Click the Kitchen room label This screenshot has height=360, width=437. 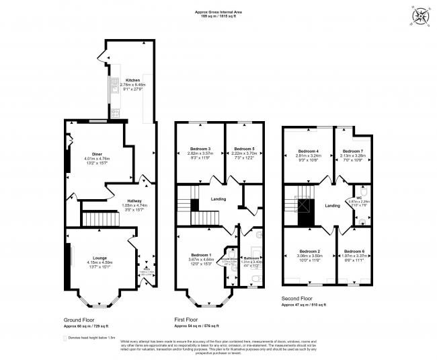point(132,80)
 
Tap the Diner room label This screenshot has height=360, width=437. point(98,154)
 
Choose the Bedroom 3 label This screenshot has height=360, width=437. point(200,149)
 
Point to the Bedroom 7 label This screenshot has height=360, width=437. point(352,151)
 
